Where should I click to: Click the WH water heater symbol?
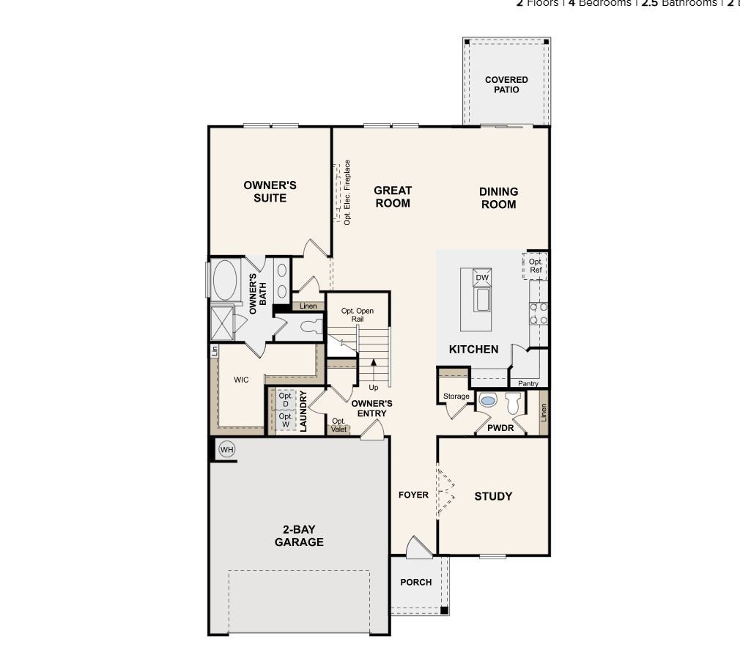[226, 449]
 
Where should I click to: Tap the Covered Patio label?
[506, 85]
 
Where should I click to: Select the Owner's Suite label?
[270, 191]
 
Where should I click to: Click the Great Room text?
[393, 196]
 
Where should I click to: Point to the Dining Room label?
[498, 198]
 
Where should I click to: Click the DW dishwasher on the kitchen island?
[481, 278]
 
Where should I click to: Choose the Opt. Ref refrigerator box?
[536, 266]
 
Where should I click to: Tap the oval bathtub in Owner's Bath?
[225, 280]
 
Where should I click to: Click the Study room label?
[493, 496]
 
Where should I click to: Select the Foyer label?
[413, 495]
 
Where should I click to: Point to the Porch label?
[415, 582]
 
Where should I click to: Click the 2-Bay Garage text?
[299, 536]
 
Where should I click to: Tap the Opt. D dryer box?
[286, 400]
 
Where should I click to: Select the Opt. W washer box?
[286, 420]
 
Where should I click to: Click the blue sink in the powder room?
[487, 402]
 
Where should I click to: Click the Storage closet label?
[456, 397]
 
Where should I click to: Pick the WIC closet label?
[241, 380]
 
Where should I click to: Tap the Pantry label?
[528, 383]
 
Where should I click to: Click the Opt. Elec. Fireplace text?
[347, 192]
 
